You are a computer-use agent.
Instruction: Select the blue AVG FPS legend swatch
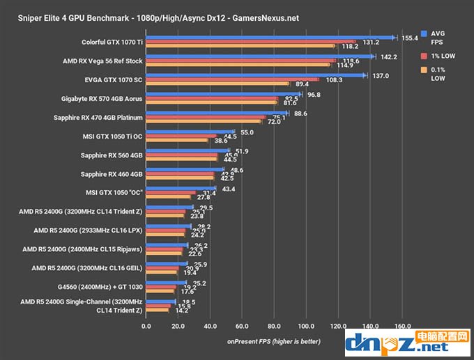tap(424, 33)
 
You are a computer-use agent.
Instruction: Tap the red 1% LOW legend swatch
tap(424, 55)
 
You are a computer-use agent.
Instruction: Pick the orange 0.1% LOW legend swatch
tap(424, 70)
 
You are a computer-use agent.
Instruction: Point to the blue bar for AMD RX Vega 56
tap(260, 56)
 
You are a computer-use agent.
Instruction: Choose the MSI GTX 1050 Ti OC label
tap(111, 136)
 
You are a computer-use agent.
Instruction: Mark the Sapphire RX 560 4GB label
tap(112, 155)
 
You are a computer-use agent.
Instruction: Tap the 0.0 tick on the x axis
tap(146, 325)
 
